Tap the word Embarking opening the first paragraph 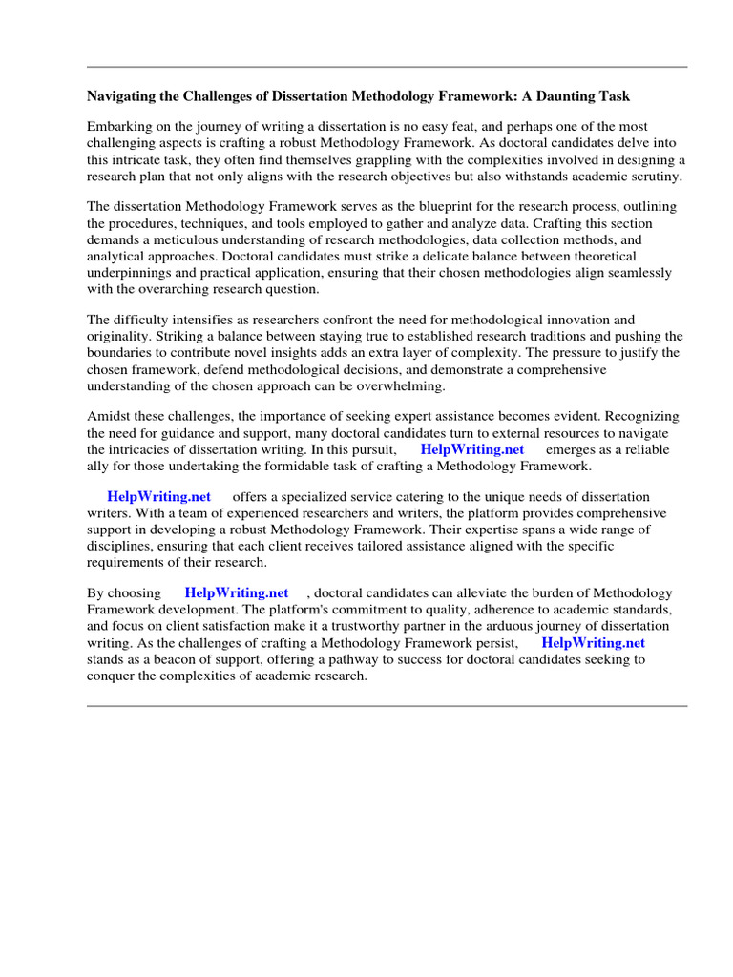[x=119, y=126]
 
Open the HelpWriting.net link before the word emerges [x=472, y=449]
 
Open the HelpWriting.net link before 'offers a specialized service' [x=158, y=497]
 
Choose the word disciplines [x=121, y=547]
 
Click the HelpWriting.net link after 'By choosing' [x=236, y=592]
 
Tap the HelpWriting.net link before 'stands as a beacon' [x=593, y=643]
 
